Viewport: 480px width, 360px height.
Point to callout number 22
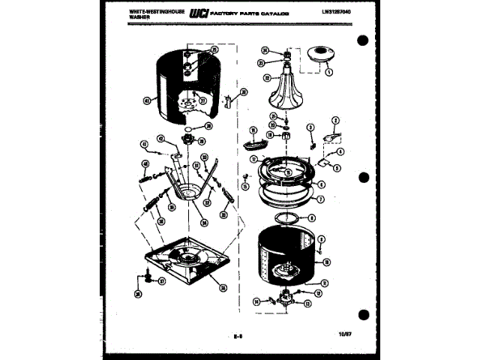pyautogui.click(x=266, y=76)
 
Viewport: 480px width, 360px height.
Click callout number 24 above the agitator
pyautogui.click(x=265, y=51)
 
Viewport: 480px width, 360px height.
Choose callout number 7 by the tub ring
pyautogui.click(x=321, y=200)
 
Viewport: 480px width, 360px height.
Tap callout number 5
pyautogui.click(x=337, y=169)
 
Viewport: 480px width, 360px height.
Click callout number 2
pyautogui.click(x=335, y=120)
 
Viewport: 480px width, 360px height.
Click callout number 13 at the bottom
pyautogui.click(x=307, y=302)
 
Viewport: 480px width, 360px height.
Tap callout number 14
pyautogui.click(x=256, y=300)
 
